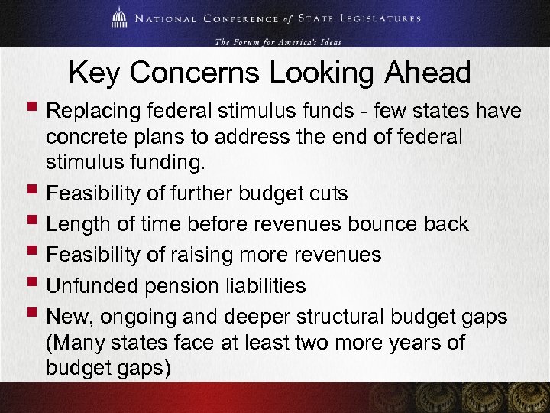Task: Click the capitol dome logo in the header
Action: tap(119, 18)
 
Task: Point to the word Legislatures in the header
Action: tap(377, 18)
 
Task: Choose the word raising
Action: tap(210, 255)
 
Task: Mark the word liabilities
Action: tap(270, 286)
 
